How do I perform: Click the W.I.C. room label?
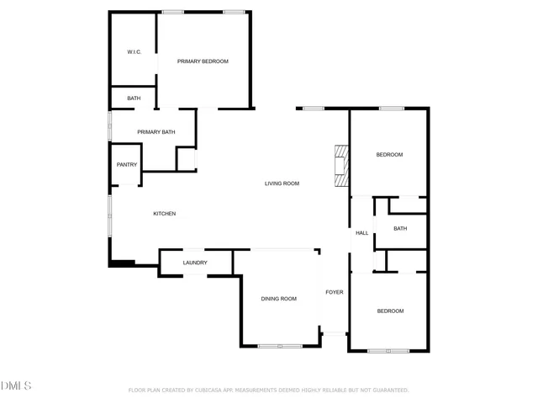[134, 52]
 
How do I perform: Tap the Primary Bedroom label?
[203, 61]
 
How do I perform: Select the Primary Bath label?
[156, 132]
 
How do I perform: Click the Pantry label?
[127, 165]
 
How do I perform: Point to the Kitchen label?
[164, 214]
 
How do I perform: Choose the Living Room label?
[282, 183]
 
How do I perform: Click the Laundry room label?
[195, 263]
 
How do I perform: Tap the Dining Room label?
[278, 299]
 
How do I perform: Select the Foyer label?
[335, 292]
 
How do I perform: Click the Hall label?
[361, 233]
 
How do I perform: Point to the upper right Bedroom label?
[389, 155]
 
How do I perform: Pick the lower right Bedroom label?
[390, 311]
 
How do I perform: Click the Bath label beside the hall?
[400, 229]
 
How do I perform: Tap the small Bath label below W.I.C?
[134, 98]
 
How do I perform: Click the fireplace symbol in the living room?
[340, 166]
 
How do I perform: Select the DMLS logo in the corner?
[16, 385]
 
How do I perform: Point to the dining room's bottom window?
[279, 346]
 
